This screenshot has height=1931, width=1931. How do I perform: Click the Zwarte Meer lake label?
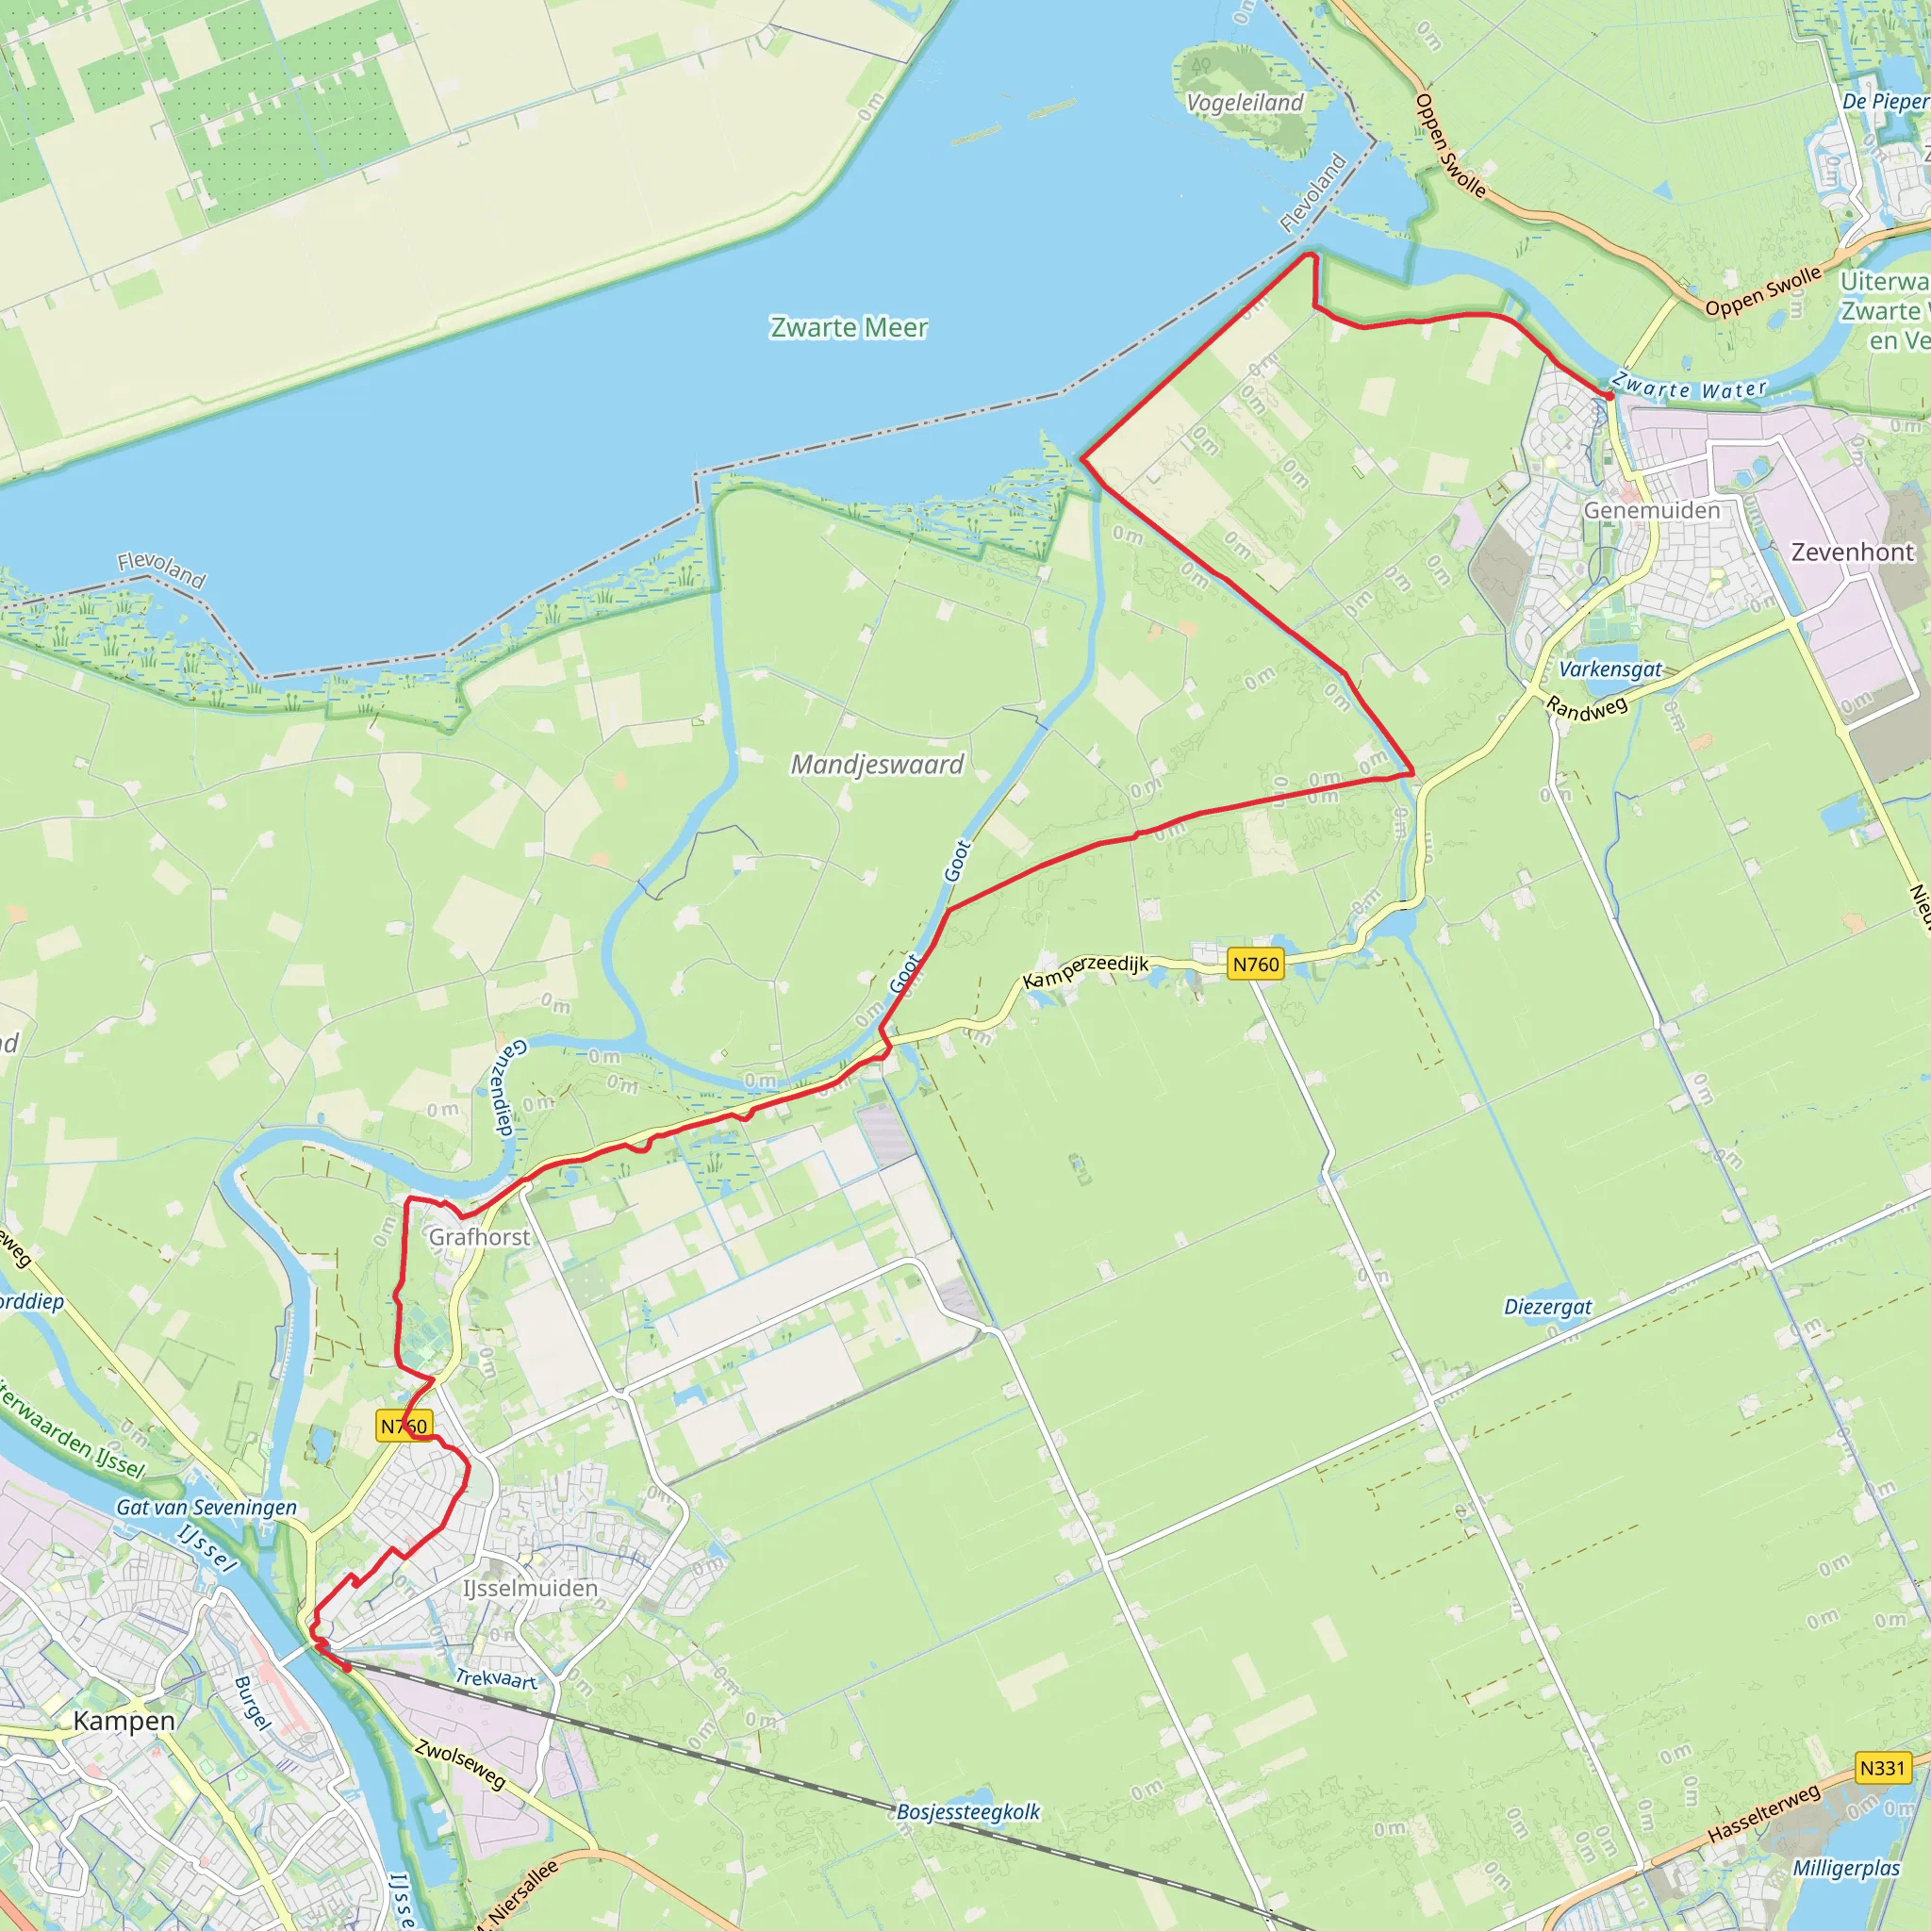pos(848,328)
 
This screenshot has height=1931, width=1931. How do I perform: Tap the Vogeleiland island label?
pos(1245,103)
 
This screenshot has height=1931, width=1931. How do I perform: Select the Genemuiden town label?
pos(1651,511)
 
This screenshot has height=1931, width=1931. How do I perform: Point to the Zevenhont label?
pos(1852,552)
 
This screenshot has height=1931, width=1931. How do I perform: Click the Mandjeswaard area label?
pos(877,765)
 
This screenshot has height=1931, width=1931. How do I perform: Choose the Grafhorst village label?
pos(480,1236)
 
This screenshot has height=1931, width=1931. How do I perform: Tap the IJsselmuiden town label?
pos(530,1587)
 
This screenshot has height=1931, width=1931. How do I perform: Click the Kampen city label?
pos(124,1720)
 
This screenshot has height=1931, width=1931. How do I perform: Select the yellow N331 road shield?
pos(1882,1768)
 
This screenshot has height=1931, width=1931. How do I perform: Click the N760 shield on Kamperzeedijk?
pos(1255,964)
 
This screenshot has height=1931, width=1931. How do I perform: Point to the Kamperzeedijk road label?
pos(1085,970)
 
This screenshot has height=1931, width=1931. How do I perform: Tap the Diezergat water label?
pos(1547,1306)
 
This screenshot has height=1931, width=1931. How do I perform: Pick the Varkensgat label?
pos(1610,669)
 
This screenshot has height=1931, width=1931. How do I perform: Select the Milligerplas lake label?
pos(1846,1868)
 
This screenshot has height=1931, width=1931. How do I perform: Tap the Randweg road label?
pos(1586,708)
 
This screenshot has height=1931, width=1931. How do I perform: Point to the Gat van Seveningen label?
pos(206,1508)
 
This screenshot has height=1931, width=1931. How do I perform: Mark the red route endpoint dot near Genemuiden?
pos(1609,397)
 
